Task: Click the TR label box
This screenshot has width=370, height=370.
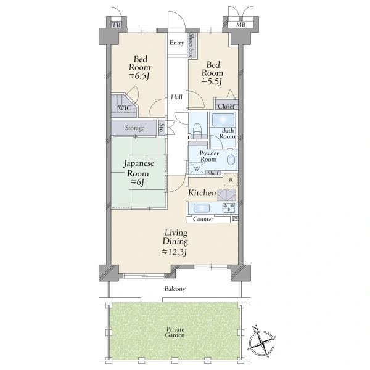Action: (117, 25)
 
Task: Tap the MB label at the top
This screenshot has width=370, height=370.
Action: (240, 25)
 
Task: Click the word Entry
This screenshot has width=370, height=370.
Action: (177, 43)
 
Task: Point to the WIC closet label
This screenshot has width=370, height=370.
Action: (125, 108)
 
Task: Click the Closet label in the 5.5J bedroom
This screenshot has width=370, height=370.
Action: (226, 106)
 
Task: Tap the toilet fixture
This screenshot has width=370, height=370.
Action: (197, 131)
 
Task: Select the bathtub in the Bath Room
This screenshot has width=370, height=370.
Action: (223, 120)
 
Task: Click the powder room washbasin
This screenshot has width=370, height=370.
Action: (231, 160)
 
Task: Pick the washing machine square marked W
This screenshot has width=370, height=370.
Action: (197, 168)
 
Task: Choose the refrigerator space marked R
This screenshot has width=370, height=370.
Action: (231, 179)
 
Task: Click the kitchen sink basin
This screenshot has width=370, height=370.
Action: (202, 208)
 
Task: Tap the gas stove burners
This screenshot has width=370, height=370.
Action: (229, 208)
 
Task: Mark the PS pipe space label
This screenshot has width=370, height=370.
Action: (236, 219)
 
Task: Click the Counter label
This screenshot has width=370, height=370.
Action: (203, 219)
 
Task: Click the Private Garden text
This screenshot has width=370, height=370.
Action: (175, 332)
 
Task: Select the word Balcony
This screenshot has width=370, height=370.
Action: (175, 289)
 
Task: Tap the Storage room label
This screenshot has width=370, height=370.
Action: (134, 128)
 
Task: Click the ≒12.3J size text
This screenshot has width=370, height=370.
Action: (175, 252)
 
